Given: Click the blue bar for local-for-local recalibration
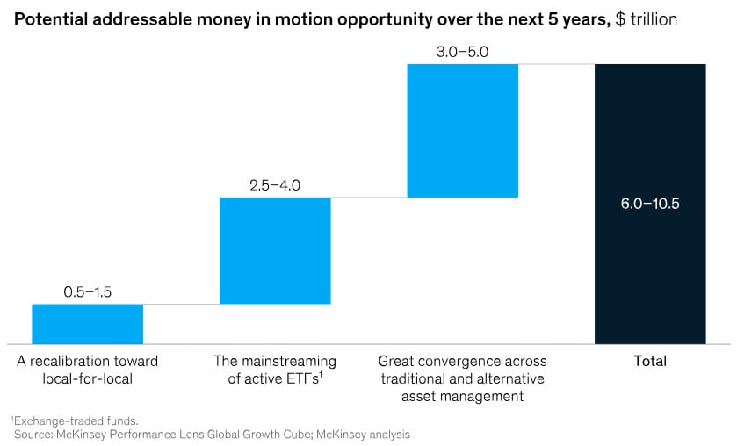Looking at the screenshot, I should pos(87,323).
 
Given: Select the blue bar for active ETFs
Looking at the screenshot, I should pos(275,250).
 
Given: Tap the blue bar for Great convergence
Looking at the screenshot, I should pos(463,130).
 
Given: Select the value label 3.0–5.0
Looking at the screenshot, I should pos(463,52).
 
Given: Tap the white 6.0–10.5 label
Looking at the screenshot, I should pos(650,204).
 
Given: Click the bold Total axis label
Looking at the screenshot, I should pos(650,361).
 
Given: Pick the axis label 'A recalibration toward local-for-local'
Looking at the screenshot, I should pos(87,370).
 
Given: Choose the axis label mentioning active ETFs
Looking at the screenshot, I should pos(275,370).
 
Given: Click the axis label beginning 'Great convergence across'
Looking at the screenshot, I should pos(463,378).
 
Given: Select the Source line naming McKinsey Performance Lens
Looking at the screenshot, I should pos(212,434).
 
